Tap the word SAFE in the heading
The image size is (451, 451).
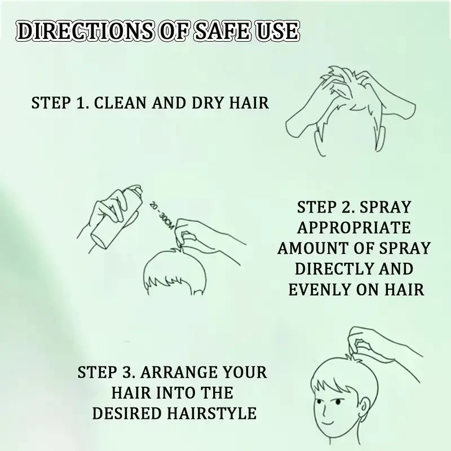tap(217, 30)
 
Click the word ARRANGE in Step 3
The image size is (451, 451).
tap(172, 373)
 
